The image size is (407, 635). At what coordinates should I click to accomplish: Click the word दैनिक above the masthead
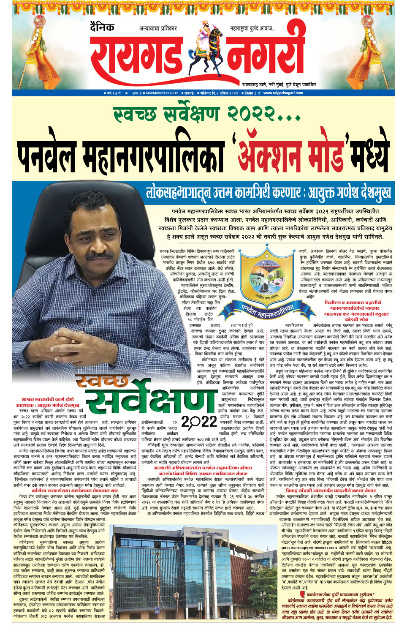coord(102,27)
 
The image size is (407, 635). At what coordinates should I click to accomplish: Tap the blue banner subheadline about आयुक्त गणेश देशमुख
coord(268,193)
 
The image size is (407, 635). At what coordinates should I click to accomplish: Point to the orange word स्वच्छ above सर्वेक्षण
coord(103,383)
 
